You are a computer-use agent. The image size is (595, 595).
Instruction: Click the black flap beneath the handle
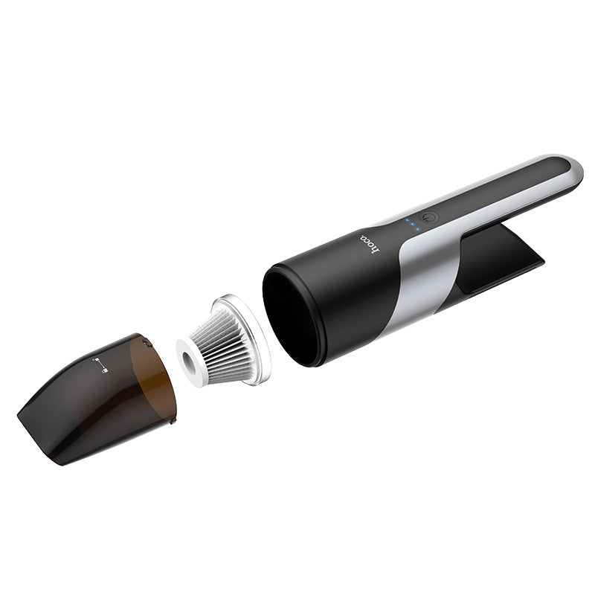[506, 257]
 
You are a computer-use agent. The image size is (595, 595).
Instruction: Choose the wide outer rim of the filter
[253, 350]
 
